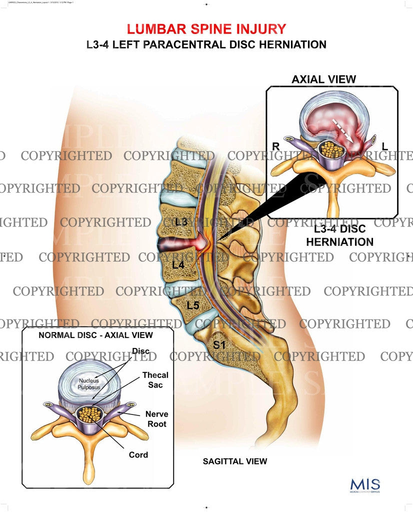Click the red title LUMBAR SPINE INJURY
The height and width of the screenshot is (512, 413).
coord(206,28)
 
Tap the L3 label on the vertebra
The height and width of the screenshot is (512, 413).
coord(181,222)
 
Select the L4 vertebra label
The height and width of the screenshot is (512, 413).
coord(178,265)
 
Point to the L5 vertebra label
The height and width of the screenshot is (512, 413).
coord(193,304)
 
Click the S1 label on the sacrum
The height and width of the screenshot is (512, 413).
coord(220,344)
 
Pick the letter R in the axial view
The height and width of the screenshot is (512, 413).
coord(275,146)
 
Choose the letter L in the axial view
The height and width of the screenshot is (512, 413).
coord(384,146)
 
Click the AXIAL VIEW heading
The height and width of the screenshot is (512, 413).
coord(324,79)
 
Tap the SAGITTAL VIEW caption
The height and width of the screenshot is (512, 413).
coord(235,461)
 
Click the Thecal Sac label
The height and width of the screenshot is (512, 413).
coord(155,379)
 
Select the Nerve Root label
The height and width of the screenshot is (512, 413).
coord(156,418)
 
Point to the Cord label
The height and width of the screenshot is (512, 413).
coord(138,454)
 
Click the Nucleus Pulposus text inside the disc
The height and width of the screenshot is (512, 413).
coord(88,384)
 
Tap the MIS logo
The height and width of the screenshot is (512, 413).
coord(365,485)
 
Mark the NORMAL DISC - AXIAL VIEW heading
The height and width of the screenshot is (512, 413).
coord(95,334)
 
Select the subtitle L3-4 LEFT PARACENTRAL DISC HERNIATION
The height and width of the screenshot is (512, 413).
coord(206,44)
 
